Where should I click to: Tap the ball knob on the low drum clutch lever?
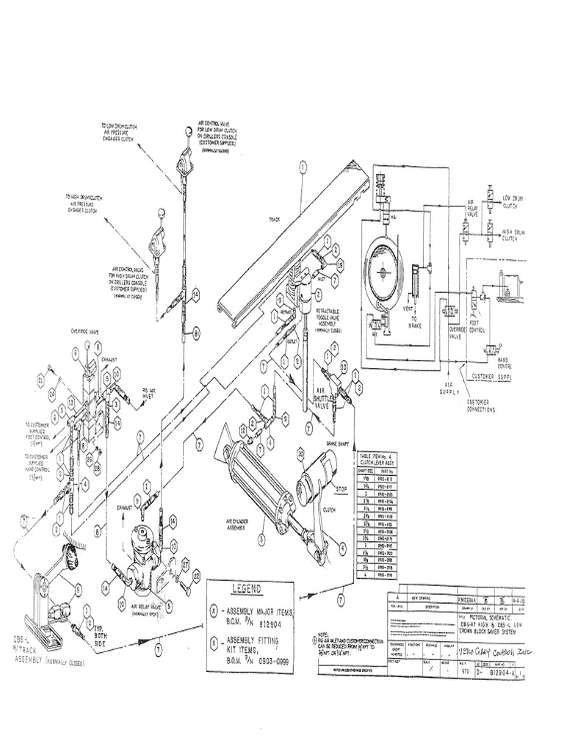(x=191, y=133)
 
